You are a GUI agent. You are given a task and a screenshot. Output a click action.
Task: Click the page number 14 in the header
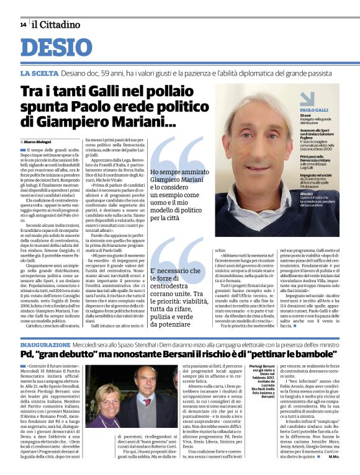pos(23,25)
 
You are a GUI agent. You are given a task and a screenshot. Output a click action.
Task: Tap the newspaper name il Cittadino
pos(56,25)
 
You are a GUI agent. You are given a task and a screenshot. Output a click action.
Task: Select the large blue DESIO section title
pos(61,48)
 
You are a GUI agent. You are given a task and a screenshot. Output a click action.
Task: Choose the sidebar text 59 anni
pos(306,116)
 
